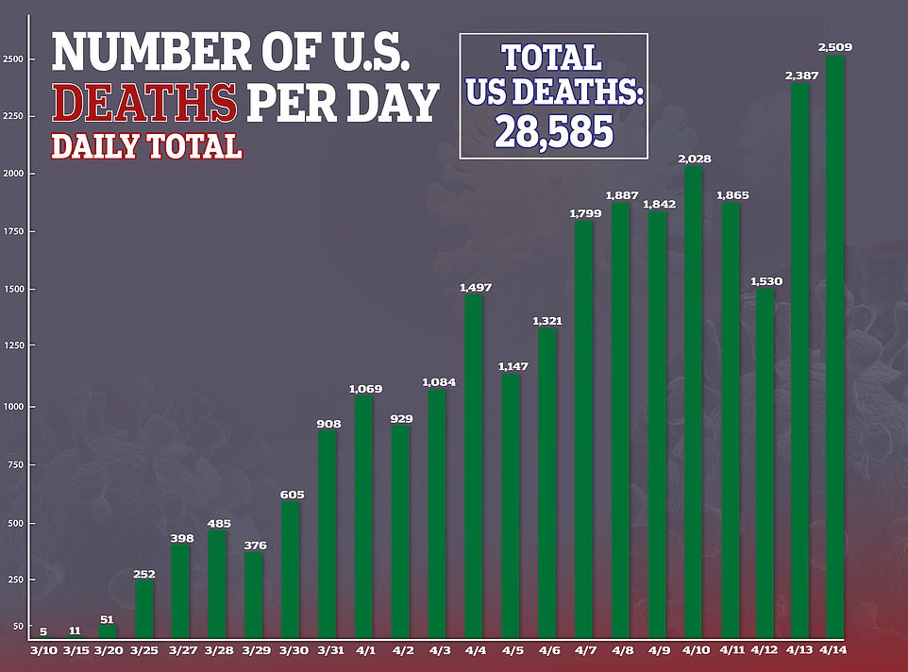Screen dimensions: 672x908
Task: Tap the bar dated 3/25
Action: (144, 610)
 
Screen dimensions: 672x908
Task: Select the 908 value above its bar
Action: (328, 424)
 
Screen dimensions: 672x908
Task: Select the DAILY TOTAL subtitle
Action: (146, 147)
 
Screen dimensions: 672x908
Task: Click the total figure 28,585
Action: (554, 130)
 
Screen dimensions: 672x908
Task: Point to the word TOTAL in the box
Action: (552, 59)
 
